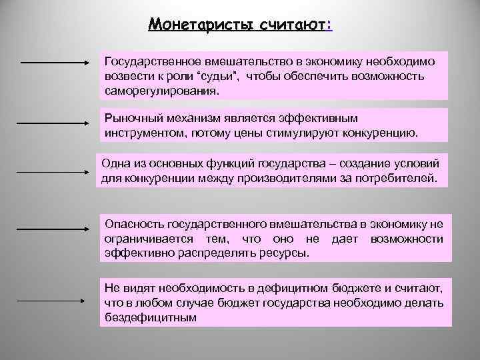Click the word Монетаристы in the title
[x=193, y=25]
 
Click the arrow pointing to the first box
[x=55, y=63]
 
